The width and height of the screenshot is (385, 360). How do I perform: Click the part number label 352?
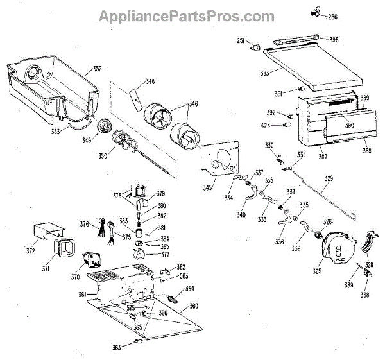(97, 69)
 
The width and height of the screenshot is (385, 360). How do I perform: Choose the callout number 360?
(193, 305)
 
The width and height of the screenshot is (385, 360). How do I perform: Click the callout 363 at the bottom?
(116, 347)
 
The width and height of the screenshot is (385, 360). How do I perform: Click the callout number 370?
(75, 277)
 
